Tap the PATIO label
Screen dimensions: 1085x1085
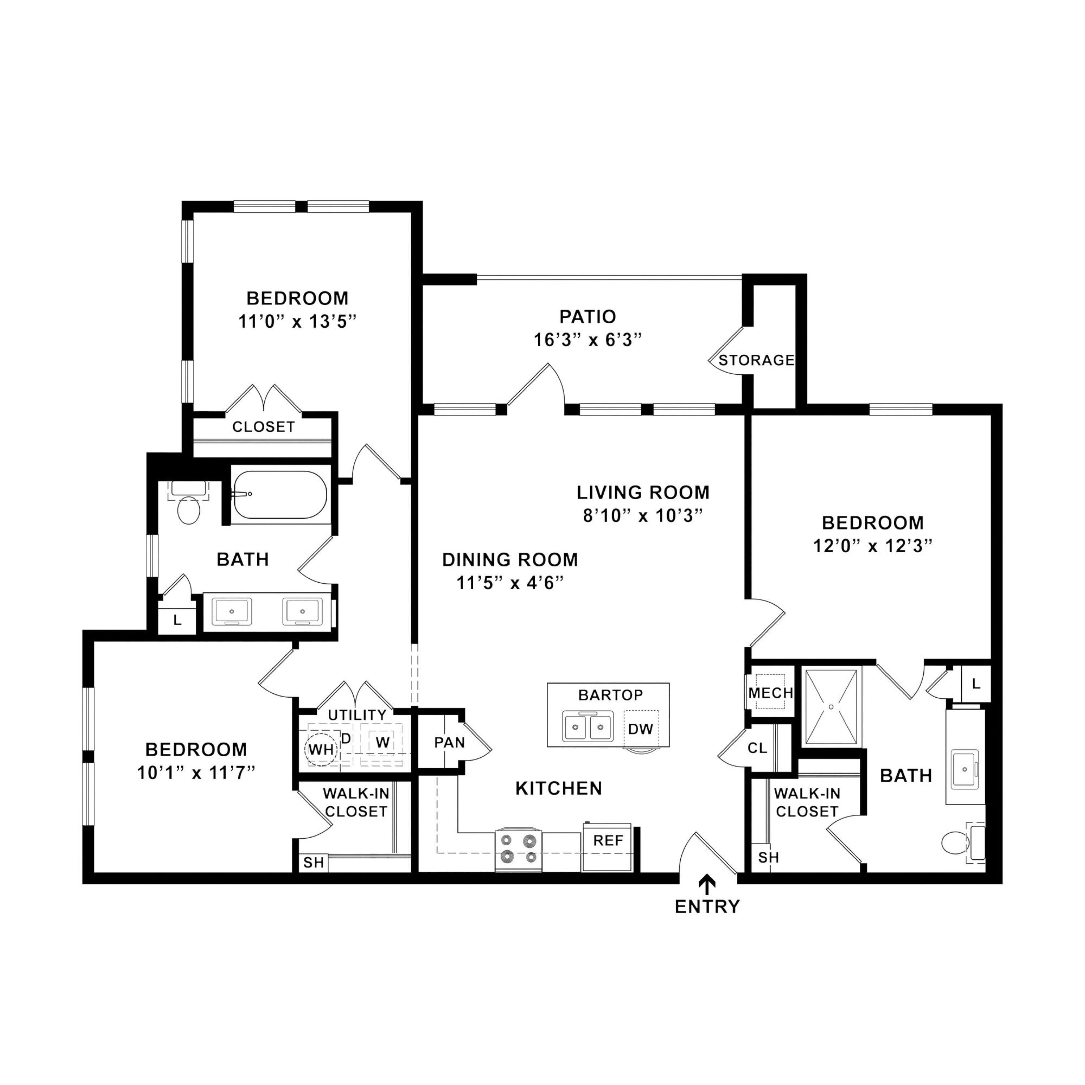pyautogui.click(x=587, y=317)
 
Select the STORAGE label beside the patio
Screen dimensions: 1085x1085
pyautogui.click(x=757, y=360)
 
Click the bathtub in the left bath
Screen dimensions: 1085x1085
pyautogui.click(x=280, y=494)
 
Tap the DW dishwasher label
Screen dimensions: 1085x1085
pyautogui.click(x=640, y=729)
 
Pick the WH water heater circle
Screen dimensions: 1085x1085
pyautogui.click(x=321, y=749)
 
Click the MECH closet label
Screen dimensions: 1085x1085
pyautogui.click(x=770, y=693)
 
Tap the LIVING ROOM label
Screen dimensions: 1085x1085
pyautogui.click(x=643, y=493)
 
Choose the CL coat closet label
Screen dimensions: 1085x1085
pyautogui.click(x=757, y=748)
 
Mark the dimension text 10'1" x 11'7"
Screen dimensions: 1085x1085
pyautogui.click(x=196, y=773)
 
